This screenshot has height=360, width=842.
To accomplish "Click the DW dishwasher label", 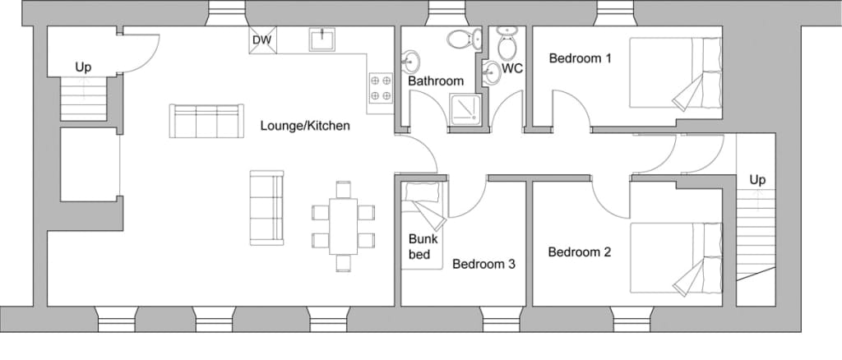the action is tap(262, 40).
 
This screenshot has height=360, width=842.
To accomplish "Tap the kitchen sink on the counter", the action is tap(322, 39).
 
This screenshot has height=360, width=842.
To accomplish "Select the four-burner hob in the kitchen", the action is tap(381, 88).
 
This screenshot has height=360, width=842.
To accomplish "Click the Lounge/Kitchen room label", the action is tap(305, 126).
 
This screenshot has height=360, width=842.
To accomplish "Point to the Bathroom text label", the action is tap(436, 81).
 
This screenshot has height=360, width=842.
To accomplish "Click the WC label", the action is tap(512, 69).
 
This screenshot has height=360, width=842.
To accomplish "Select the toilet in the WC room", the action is tap(507, 43).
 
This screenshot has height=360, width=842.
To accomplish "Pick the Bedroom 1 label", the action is tap(580, 58).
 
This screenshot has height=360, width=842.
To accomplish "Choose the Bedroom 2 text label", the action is tap(580, 252).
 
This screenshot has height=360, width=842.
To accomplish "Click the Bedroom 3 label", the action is tap(483, 264).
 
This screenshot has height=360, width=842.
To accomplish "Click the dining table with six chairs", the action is tap(343, 226).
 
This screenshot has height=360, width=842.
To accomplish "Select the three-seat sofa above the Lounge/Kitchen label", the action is tap(206, 122).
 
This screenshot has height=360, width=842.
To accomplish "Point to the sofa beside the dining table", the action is tap(266, 208).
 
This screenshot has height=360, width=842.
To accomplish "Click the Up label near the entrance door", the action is tap(83, 67).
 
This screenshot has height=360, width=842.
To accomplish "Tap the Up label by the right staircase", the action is tap(757, 180).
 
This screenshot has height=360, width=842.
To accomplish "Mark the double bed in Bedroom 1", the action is tap(676, 72).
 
